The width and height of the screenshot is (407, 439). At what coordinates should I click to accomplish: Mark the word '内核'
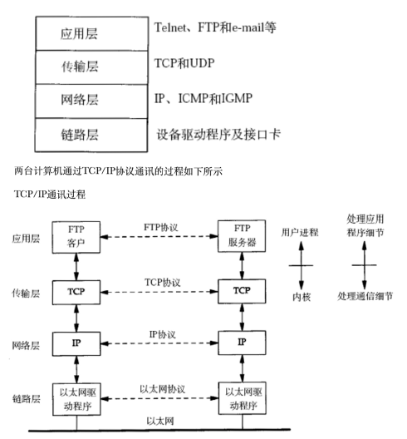[x=300, y=295]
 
